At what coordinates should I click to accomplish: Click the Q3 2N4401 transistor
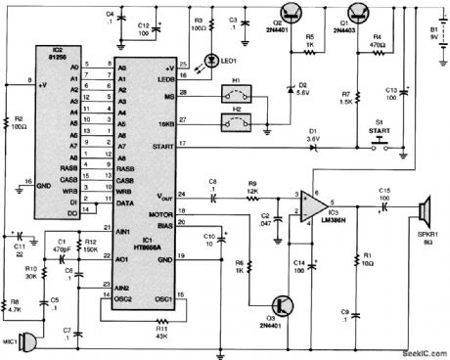(282, 304)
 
